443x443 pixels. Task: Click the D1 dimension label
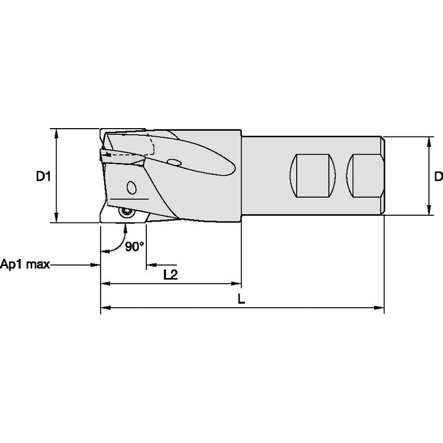click(x=43, y=176)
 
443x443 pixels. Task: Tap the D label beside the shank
click(x=438, y=176)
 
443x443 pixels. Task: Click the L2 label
click(x=170, y=275)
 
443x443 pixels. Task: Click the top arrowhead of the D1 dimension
click(x=57, y=132)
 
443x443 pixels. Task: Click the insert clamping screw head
click(x=126, y=211)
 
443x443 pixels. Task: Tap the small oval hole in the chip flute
click(x=175, y=163)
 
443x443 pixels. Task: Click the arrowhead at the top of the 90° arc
click(x=126, y=227)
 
